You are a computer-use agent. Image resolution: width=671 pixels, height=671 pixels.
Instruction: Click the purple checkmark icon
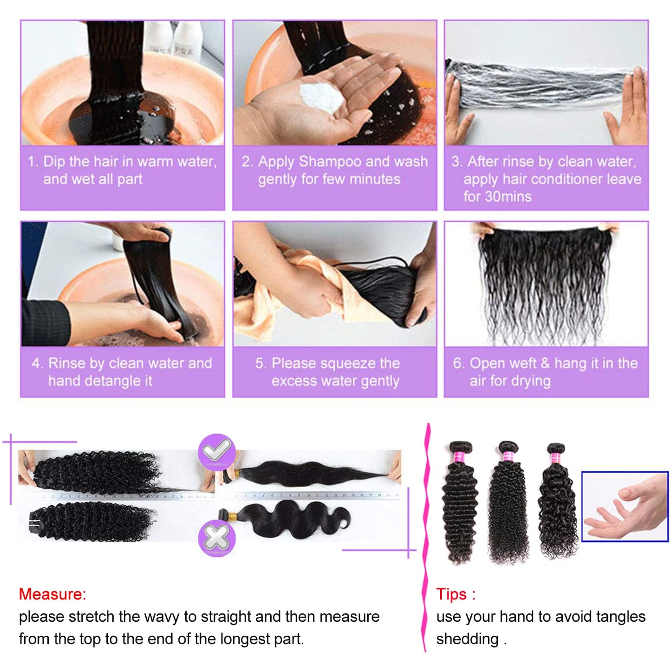pyautogui.click(x=216, y=450)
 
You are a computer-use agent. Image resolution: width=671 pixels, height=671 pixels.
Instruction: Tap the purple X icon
pyautogui.click(x=216, y=538)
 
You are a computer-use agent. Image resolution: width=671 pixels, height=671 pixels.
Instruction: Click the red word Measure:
pyautogui.click(x=52, y=594)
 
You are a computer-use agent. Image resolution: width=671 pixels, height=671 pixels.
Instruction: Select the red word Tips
pyautogui.click(x=451, y=594)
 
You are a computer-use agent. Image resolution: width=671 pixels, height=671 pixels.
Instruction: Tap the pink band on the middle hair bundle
pyautogui.click(x=508, y=456)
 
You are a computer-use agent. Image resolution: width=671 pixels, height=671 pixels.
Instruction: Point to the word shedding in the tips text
pyautogui.click(x=467, y=639)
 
